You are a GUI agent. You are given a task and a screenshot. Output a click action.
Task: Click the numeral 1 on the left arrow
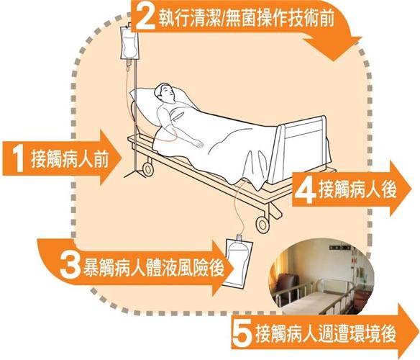16,158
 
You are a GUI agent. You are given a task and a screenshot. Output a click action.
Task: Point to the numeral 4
306,189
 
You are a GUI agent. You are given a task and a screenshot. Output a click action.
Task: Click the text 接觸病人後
357,189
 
